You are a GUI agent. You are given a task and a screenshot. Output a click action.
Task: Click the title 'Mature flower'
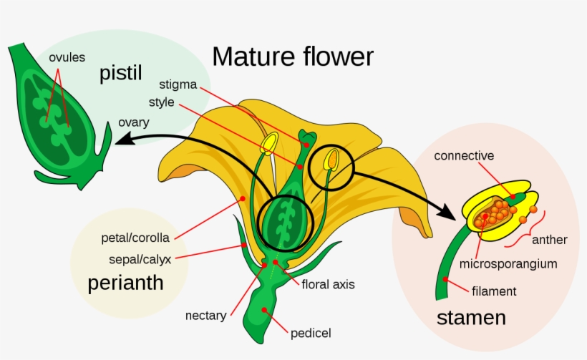click(292, 56)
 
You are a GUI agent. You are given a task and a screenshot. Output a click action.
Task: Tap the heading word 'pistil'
click(121, 73)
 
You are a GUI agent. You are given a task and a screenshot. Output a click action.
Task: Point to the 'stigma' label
click(179, 84)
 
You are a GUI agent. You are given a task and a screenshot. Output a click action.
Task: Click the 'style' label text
click(162, 102)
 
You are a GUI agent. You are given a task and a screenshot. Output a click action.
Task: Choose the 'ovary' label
click(134, 122)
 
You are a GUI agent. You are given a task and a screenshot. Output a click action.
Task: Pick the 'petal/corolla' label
click(135, 238)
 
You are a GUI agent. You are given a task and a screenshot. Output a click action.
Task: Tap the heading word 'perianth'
click(125, 283)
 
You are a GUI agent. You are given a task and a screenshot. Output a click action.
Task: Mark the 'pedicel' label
click(311, 333)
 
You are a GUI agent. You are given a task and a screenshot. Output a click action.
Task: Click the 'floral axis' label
click(328, 284)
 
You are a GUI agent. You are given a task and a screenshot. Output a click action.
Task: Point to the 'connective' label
click(464, 155)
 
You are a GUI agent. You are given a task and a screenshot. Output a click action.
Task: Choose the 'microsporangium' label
click(508, 263)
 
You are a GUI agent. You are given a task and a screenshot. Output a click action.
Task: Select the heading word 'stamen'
click(471, 317)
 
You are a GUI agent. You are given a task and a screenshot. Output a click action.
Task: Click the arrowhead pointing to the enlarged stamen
click(448, 213)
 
